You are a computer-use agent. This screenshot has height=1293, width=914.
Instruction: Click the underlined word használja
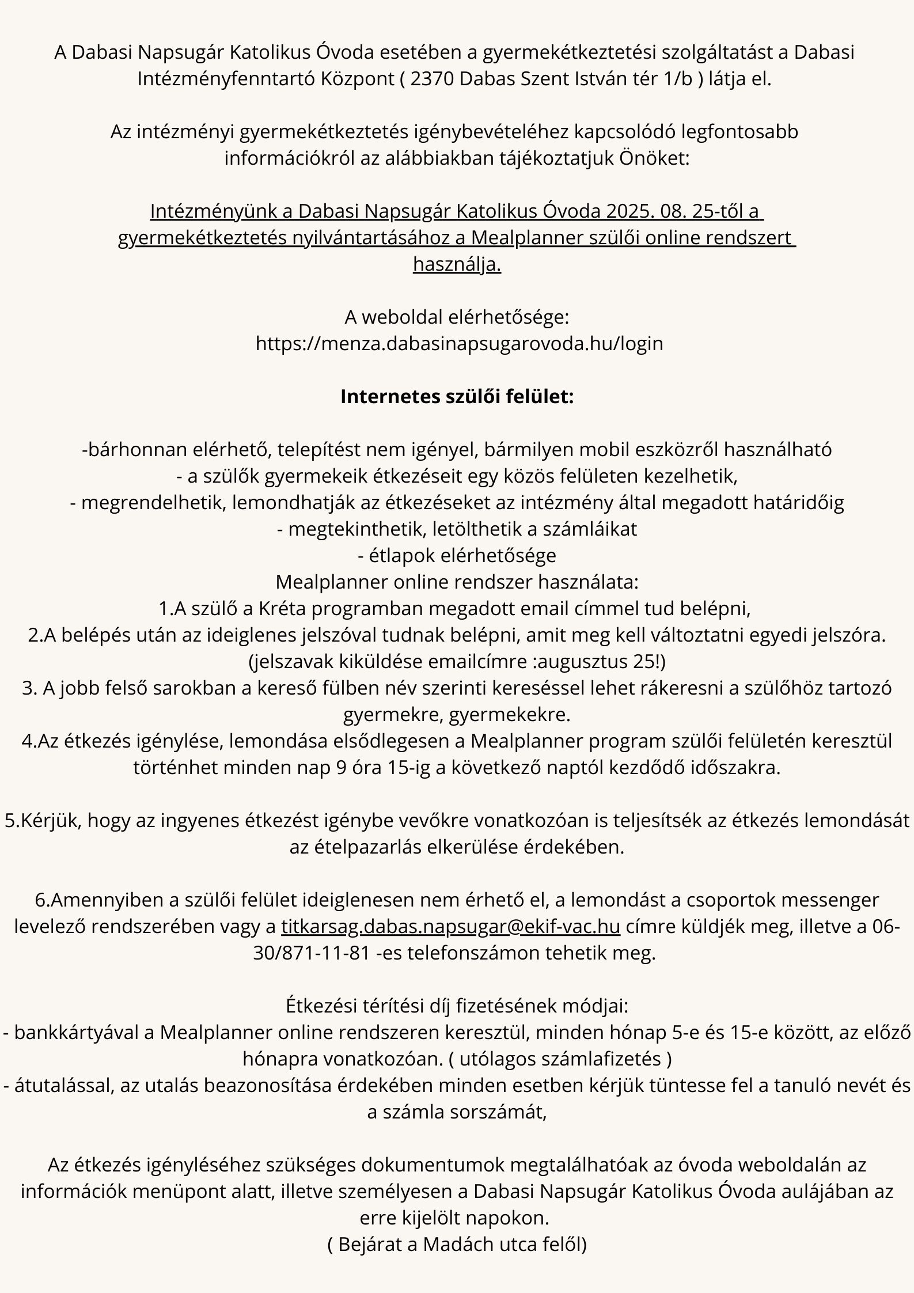coord(457,264)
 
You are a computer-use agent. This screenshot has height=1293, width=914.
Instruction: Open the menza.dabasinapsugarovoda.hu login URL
coord(459,343)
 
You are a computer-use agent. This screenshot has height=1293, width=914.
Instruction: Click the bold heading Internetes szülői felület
coord(457,397)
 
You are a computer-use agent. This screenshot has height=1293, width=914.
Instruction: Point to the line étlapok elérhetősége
coord(457,555)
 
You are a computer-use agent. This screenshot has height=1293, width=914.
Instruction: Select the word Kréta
coord(284,608)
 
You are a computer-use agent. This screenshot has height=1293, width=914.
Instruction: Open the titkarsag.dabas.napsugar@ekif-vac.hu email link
coord(450,926)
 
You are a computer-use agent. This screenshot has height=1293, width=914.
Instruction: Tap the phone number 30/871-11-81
coord(311,953)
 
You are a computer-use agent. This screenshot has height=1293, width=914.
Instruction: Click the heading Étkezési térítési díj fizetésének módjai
coord(457,1006)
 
